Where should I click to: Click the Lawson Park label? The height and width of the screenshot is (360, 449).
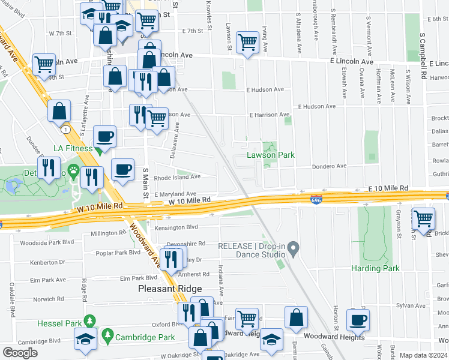[271, 155]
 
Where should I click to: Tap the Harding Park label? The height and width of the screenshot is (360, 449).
[375, 268]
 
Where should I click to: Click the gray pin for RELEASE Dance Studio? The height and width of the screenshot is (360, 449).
[293, 247]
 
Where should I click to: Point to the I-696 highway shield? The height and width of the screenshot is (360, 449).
[315, 199]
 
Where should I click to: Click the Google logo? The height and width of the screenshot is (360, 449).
[20, 353]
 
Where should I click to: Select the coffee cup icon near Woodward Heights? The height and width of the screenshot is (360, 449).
[358, 319]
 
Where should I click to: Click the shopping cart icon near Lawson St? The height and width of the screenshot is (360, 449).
[247, 42]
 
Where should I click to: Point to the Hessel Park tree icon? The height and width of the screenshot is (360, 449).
[89, 322]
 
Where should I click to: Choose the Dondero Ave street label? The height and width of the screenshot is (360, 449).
[329, 166]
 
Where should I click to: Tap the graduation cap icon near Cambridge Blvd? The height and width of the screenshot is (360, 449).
[85, 338]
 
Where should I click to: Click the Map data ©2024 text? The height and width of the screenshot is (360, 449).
[424, 355]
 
